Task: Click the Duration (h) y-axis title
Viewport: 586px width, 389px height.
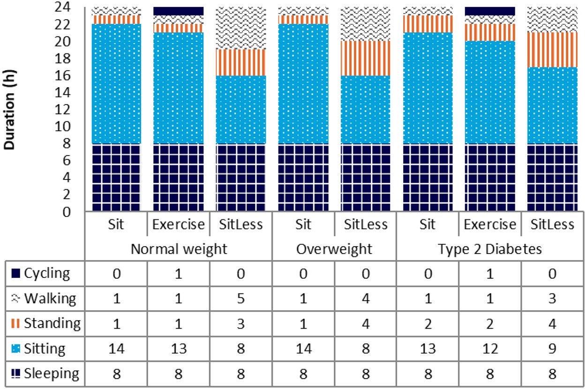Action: click(10, 110)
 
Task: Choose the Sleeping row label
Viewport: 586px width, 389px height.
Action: click(47, 373)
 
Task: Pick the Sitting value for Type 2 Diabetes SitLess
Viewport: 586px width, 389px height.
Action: click(552, 348)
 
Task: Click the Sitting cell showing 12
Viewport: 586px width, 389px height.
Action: click(490, 348)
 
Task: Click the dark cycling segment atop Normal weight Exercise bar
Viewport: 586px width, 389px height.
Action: click(179, 11)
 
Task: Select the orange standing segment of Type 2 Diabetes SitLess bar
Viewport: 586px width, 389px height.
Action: click(552, 50)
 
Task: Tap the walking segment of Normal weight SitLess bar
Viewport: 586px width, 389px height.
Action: click(240, 28)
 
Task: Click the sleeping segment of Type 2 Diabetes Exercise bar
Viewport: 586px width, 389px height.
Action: click(490, 178)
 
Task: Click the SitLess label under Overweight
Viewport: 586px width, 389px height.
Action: click(365, 224)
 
